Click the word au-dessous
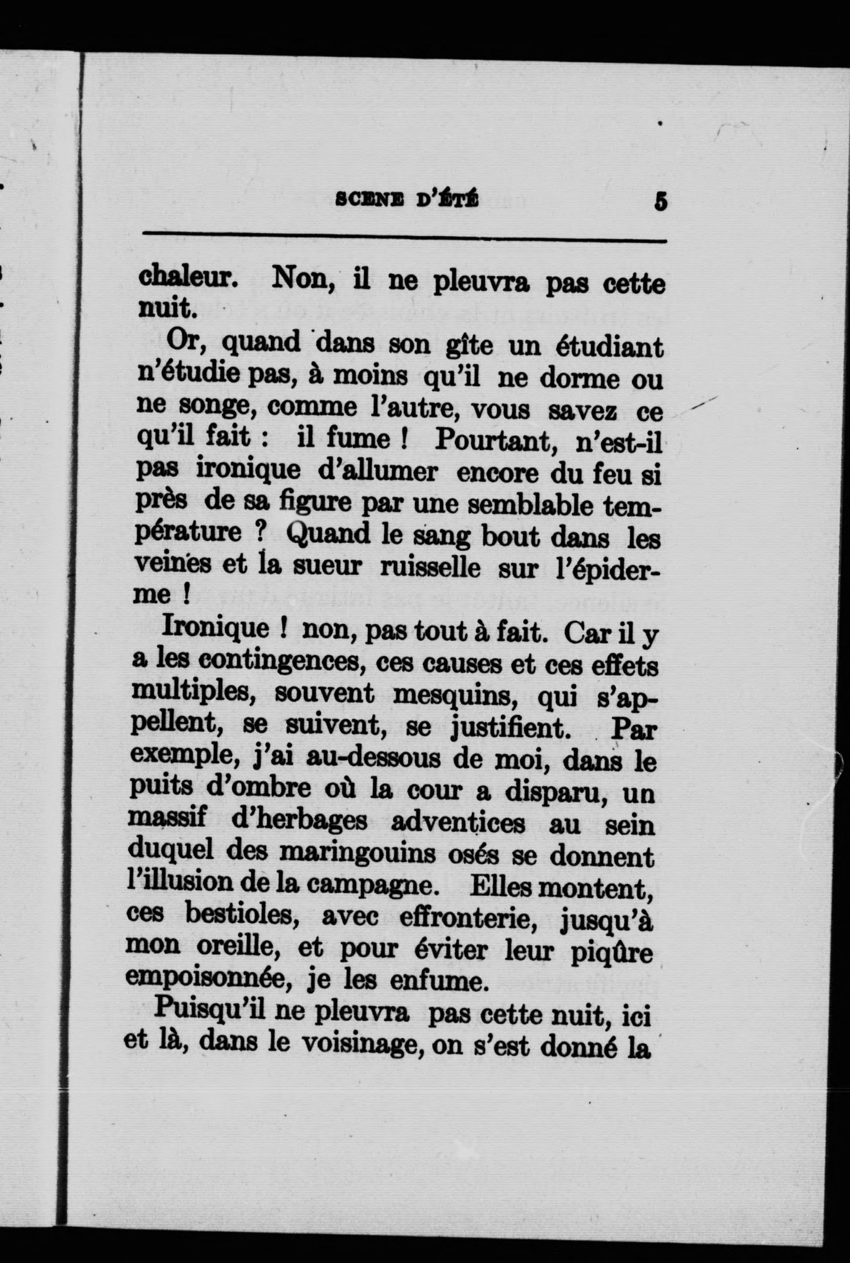click(x=373, y=759)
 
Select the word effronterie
click(x=463, y=918)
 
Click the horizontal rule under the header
click(x=404, y=236)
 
